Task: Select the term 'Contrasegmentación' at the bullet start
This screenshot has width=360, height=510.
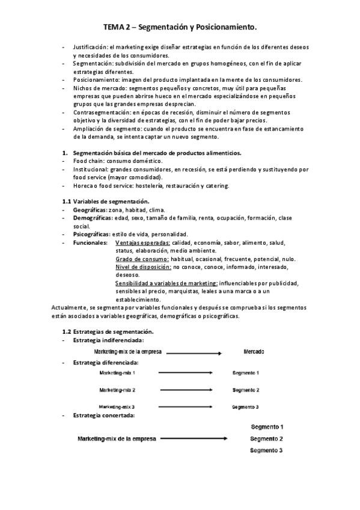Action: click(99, 112)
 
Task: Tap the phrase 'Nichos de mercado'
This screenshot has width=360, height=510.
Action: click(98, 88)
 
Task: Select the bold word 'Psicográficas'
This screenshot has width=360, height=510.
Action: click(93, 234)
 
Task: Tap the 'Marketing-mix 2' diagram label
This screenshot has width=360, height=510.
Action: click(117, 390)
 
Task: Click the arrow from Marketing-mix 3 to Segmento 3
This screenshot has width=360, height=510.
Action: click(186, 407)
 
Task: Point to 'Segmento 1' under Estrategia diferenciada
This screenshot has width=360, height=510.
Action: click(245, 373)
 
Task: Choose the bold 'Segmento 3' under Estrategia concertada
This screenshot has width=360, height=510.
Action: click(266, 450)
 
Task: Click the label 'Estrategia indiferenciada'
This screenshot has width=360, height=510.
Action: click(104, 340)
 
